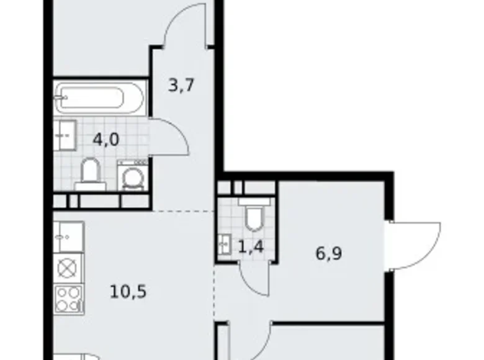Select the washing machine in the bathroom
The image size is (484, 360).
click(x=133, y=176)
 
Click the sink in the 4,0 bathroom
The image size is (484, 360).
click(x=65, y=134)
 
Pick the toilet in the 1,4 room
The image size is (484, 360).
click(x=253, y=217)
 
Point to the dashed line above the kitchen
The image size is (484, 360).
click(x=184, y=212)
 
